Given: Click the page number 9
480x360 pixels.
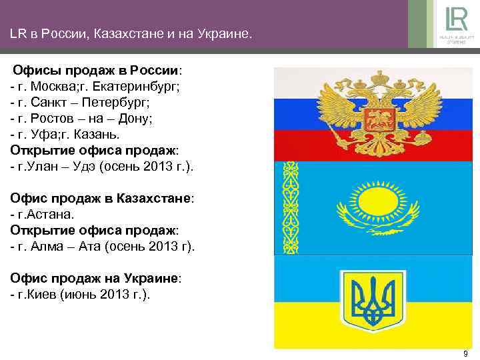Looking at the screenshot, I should coord(465,353).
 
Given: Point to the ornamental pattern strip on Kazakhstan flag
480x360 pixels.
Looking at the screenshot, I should coord(291,207).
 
